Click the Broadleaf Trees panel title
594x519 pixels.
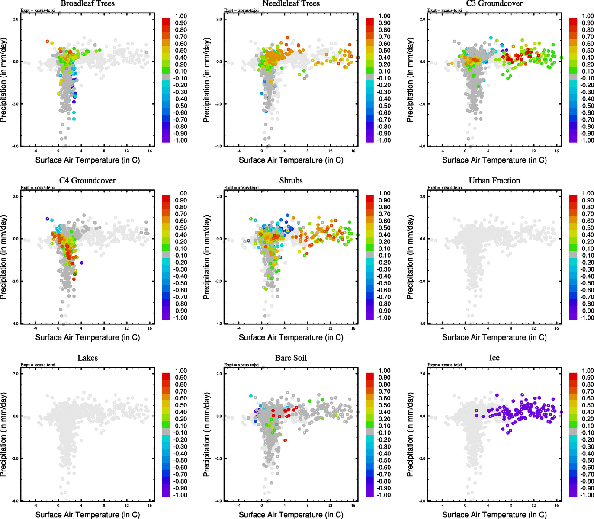point(87,3)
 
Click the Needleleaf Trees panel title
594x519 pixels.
point(291,3)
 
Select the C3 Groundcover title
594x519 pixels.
point(494,3)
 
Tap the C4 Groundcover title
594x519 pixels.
point(87,180)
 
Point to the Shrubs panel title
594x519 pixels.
point(291,180)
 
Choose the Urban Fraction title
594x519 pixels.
point(494,180)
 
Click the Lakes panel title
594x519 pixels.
point(87,358)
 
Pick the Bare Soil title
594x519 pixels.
point(291,358)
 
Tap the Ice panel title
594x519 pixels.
point(494,358)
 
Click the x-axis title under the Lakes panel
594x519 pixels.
point(87,514)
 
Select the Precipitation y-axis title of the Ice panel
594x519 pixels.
point(410,435)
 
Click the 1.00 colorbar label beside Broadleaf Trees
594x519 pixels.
point(181,16)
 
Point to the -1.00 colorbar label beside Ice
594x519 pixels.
point(587,495)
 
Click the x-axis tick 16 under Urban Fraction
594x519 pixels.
point(557,328)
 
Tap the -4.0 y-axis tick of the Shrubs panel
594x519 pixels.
point(218,324)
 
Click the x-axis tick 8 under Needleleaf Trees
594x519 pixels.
point(308,151)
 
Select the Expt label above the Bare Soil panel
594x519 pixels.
point(241,365)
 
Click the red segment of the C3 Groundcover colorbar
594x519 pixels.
point(573,22)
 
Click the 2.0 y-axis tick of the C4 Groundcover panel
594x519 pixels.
point(16,196)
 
